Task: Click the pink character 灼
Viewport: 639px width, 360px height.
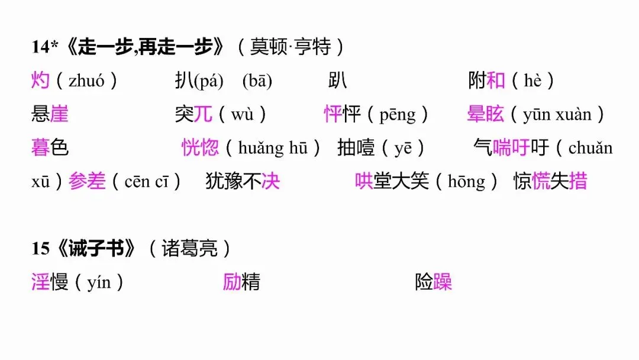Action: (x=40, y=81)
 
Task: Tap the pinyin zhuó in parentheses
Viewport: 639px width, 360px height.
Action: (x=86, y=81)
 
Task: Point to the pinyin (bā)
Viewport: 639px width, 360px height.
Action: (x=257, y=81)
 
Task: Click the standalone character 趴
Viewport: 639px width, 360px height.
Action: (x=338, y=81)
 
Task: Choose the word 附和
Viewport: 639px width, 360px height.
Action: (x=486, y=81)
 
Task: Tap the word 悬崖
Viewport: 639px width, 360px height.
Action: (x=50, y=114)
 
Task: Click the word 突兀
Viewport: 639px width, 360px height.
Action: (x=193, y=114)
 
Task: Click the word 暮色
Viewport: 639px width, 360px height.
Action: (x=50, y=147)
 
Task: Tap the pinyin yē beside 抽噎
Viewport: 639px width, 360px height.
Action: (x=403, y=148)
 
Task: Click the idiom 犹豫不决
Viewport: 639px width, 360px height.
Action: (x=243, y=181)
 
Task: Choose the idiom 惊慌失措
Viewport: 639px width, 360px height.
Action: (x=550, y=181)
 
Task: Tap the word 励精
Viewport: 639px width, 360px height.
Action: (x=241, y=282)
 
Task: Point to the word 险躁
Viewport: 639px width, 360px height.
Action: (x=434, y=282)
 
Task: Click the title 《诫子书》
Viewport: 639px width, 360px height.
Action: (x=96, y=249)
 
